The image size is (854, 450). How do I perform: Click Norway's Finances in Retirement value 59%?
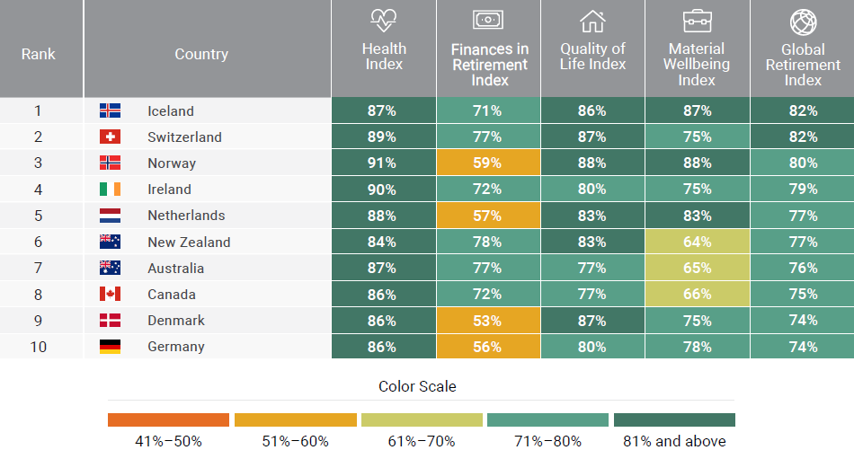(488, 163)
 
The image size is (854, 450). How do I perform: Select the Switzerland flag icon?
(110, 137)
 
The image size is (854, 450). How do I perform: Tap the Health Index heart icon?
(384, 21)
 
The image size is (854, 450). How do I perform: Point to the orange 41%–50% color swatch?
(168, 419)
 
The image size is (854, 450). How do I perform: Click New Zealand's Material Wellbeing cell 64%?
(697, 242)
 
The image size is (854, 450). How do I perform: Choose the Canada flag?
(110, 294)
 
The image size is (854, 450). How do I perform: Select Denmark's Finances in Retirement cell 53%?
(488, 321)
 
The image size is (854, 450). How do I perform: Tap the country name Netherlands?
(186, 216)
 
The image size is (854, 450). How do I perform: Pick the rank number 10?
(38, 347)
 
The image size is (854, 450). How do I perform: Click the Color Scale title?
(417, 386)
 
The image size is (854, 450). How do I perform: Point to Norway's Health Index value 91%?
(383, 163)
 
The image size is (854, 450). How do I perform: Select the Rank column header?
(38, 54)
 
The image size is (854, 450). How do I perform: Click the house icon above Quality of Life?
(592, 21)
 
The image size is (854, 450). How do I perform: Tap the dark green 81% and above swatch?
(674, 419)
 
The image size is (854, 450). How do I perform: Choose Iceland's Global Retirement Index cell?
(802, 111)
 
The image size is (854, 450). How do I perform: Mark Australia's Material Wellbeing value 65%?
(697, 268)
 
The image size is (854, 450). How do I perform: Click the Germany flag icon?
(110, 347)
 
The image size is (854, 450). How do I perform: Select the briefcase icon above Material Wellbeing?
(697, 21)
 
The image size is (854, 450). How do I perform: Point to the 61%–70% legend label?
(422, 441)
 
